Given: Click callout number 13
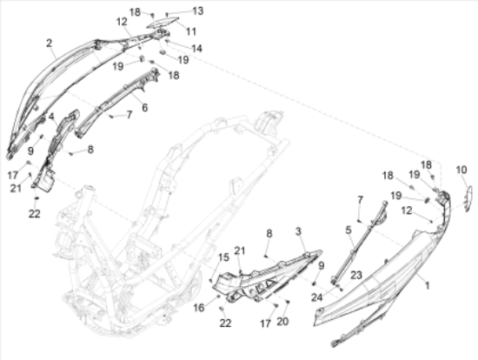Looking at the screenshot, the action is (x=198, y=11).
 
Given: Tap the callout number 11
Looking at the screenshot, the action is (x=191, y=31).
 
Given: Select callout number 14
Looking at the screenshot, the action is (x=197, y=48).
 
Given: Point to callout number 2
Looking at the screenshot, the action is (x=49, y=43).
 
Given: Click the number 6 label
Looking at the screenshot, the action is (x=144, y=107).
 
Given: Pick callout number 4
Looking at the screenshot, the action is (x=51, y=117).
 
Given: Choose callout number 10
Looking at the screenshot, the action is (x=461, y=170).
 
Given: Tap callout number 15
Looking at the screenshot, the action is (x=223, y=257).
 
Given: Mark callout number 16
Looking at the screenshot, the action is (x=199, y=308).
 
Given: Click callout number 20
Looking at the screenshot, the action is (x=282, y=321).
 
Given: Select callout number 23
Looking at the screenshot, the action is (x=355, y=275).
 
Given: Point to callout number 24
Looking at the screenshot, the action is (x=316, y=297).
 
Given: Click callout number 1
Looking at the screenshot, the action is (x=428, y=285).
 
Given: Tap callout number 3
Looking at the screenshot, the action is (x=298, y=231).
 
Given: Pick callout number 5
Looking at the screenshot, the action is (x=349, y=230).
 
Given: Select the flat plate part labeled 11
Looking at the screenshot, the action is (x=163, y=23).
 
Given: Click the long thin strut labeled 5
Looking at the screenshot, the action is (x=360, y=240).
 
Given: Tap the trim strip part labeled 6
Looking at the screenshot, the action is (x=117, y=103).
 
